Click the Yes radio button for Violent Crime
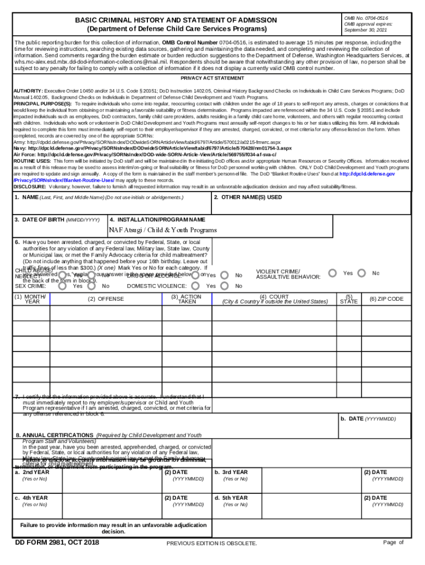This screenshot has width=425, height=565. point(332,273)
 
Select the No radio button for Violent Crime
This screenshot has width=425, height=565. point(362,273)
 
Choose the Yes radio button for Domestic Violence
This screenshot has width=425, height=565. point(225,285)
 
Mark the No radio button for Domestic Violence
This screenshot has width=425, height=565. point(225,275)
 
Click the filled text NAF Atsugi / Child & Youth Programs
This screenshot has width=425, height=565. point(163,230)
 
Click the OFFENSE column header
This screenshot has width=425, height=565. point(107,299)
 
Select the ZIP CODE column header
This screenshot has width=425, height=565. point(386,299)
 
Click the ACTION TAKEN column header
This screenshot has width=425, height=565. point(187,299)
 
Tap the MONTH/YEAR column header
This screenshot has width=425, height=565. point(32,299)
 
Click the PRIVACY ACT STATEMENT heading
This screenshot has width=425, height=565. point(212,79)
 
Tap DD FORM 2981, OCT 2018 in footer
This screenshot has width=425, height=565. point(57,543)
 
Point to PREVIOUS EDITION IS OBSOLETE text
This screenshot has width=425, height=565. point(212,543)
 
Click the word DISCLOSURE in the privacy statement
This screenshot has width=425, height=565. point(30,186)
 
